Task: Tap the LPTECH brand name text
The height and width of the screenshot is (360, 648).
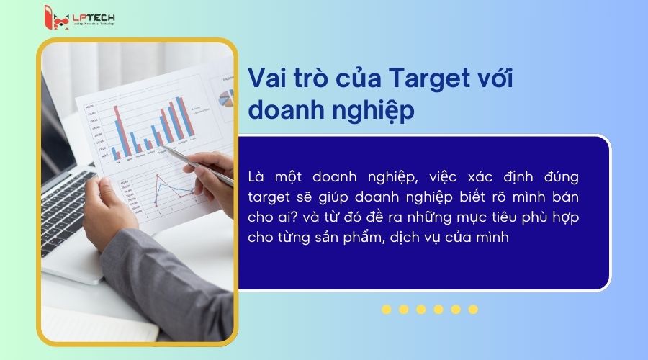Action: pos(91,16)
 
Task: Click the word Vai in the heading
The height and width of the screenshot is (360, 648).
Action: pos(266,78)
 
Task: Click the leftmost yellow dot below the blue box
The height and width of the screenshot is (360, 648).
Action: pos(387,310)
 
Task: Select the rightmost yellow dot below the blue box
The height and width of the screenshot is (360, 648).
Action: pos(473,310)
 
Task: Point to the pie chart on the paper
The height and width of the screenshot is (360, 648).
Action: pos(228,96)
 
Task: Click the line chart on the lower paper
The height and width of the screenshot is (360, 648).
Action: pos(165,195)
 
